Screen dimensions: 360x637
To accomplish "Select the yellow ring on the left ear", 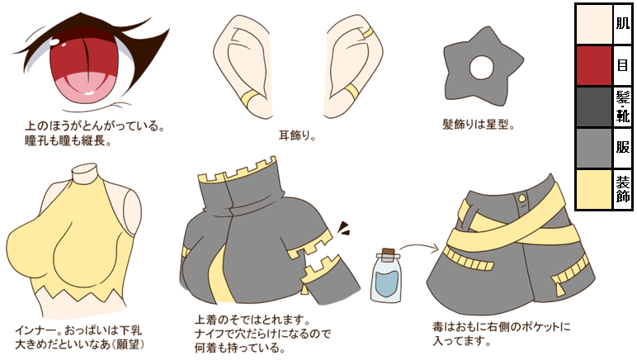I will tap(249, 103).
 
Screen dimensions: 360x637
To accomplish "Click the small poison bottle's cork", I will tap(387, 257).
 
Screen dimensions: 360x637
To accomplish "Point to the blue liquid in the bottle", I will tap(386, 284).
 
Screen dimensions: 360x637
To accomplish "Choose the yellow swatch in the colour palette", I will tap(594, 189).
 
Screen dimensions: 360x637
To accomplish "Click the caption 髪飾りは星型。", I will tap(479, 126).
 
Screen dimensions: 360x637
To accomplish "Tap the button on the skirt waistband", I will tap(521, 199).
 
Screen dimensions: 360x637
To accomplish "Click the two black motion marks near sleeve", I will tap(344, 225).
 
